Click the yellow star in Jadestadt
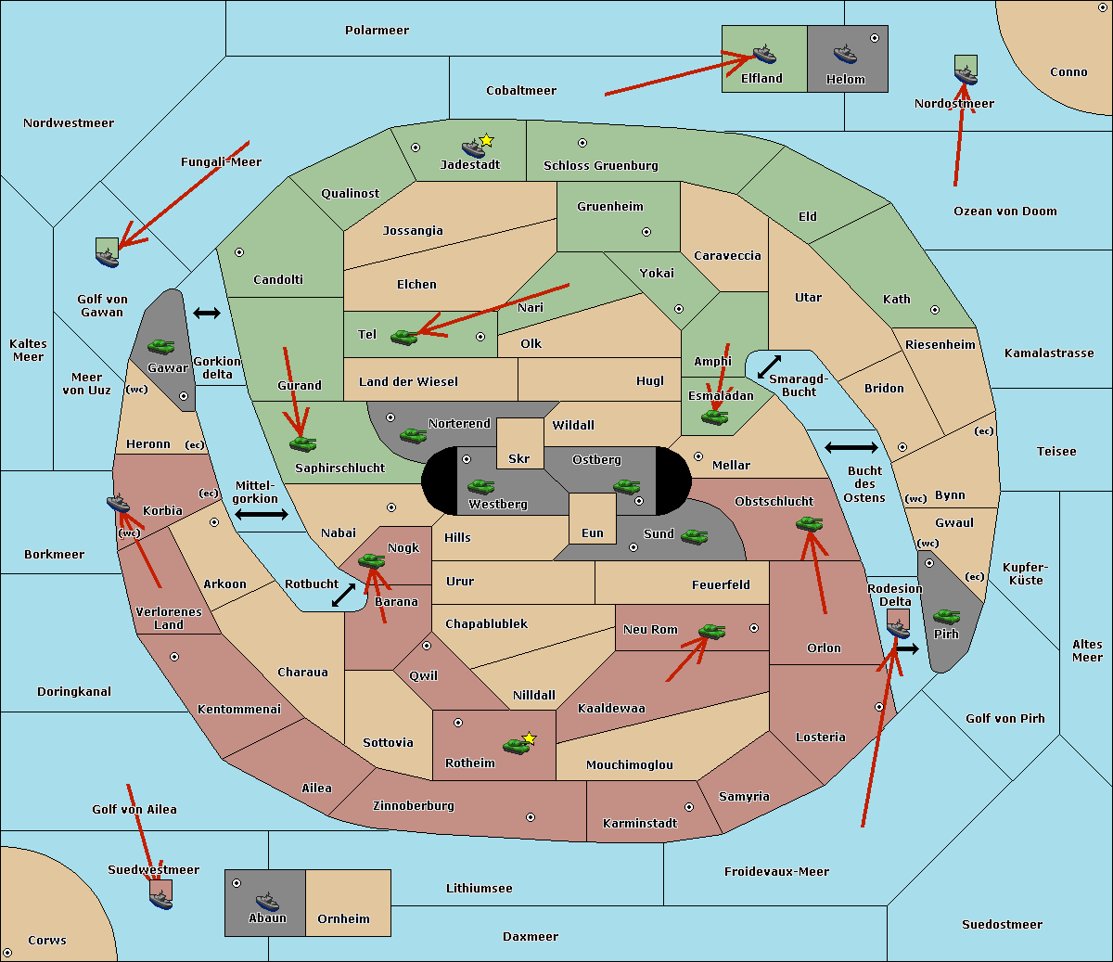pyautogui.click(x=486, y=141)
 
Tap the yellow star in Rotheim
pyautogui.click(x=530, y=738)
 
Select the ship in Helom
pyautogui.click(x=845, y=55)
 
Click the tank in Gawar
pyautogui.click(x=161, y=346)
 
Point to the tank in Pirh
pyautogui.click(x=946, y=616)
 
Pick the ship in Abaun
pyautogui.click(x=267, y=901)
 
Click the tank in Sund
pyautogui.click(x=694, y=536)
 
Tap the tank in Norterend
pyautogui.click(x=413, y=435)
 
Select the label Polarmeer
pyautogui.click(x=377, y=31)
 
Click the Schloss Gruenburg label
pyautogui.click(x=601, y=165)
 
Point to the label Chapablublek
pyautogui.click(x=486, y=623)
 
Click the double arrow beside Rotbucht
pyautogui.click(x=343, y=596)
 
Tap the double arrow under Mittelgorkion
pyautogui.click(x=262, y=515)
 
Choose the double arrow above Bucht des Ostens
pyautogui.click(x=851, y=447)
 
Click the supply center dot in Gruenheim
pyautogui.click(x=646, y=232)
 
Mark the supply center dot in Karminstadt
pyautogui.click(x=689, y=807)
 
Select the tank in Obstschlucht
pyautogui.click(x=810, y=523)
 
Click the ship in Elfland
pyautogui.click(x=764, y=54)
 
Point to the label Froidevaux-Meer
pyautogui.click(x=776, y=871)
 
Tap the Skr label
pyautogui.click(x=519, y=458)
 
